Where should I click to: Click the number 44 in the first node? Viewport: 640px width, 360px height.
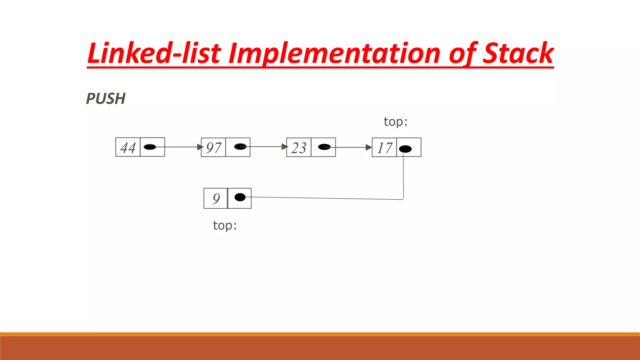tap(128, 147)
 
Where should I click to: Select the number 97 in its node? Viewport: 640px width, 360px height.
tap(213, 147)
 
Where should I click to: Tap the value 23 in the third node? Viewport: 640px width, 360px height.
tap(299, 147)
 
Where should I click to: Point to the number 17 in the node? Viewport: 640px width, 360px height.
tap(384, 147)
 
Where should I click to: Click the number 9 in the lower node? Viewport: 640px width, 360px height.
tap(216, 198)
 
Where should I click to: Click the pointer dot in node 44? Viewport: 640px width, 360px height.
tap(150, 147)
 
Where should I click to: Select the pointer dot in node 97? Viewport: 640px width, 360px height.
tap(240, 147)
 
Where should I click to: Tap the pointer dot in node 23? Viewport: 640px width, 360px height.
tap(324, 147)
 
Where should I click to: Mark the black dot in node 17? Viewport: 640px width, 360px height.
tap(405, 149)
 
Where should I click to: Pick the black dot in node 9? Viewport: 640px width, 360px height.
tap(240, 197)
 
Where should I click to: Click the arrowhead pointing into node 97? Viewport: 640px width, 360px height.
tap(200, 147)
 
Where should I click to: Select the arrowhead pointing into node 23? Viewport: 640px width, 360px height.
tap(284, 147)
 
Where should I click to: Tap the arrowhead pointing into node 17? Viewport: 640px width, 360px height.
tap(369, 147)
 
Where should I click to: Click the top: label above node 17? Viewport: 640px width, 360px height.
tap(396, 122)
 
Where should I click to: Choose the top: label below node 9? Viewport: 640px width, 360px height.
tap(225, 225)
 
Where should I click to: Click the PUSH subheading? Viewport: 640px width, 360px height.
tap(106, 99)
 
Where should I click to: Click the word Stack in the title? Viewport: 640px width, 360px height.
tap(518, 53)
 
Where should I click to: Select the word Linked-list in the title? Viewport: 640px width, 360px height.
tap(154, 53)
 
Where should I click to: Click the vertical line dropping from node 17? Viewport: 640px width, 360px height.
tap(403, 178)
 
